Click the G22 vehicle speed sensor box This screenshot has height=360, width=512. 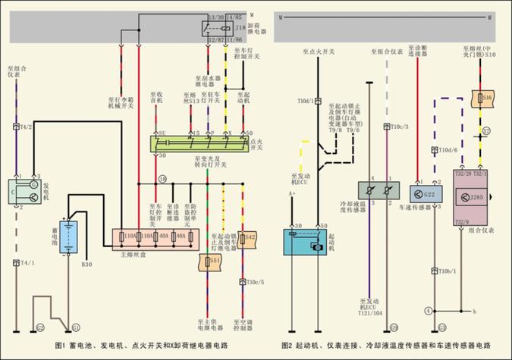[x=427, y=194]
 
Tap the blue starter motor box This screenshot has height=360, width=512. [x=307, y=243]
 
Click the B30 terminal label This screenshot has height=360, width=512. [x=87, y=265]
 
